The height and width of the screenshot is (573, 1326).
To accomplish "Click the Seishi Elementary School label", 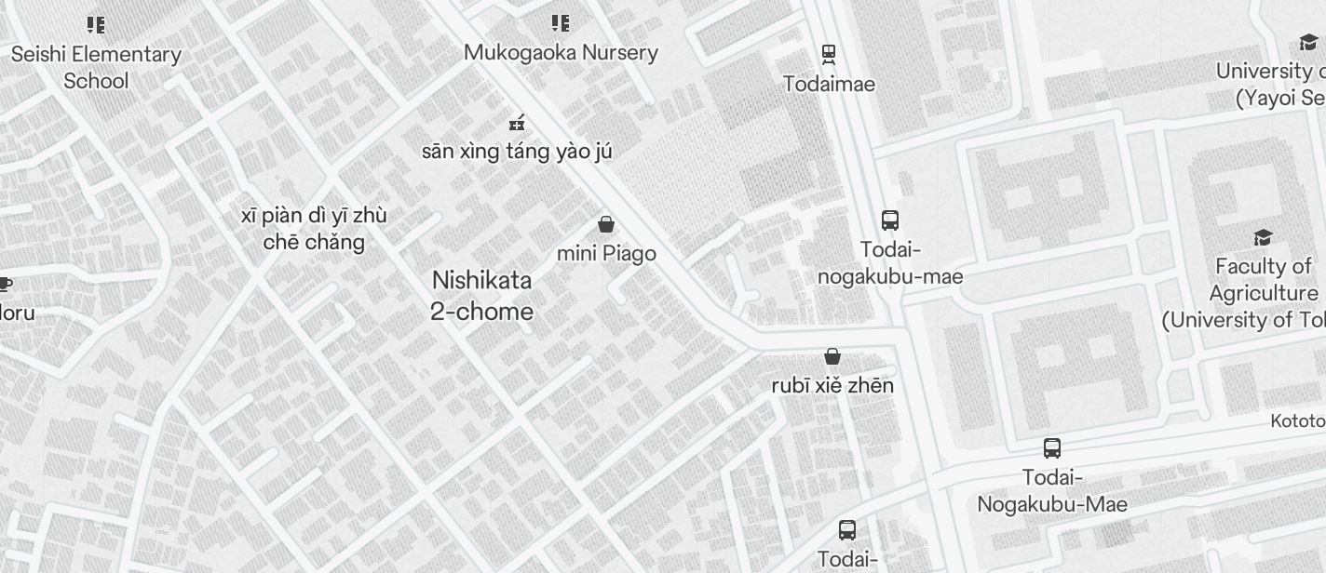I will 96,67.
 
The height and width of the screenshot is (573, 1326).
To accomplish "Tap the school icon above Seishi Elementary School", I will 96,24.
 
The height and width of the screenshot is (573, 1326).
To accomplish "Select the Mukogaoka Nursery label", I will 561,52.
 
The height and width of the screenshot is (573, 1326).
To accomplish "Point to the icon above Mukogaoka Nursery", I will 560,22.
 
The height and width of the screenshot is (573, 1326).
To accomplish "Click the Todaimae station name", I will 829,84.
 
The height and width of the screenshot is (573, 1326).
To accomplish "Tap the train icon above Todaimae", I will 828,54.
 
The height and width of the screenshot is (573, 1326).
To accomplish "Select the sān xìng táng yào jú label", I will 517,151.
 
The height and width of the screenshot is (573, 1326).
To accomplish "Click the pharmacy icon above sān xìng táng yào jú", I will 517,122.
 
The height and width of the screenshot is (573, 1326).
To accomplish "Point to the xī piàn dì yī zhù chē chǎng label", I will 314,229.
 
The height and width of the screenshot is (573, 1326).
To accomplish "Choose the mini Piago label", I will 606,253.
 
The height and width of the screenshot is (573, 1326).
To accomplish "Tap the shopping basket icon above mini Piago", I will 606,224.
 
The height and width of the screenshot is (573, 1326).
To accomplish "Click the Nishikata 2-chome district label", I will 481,296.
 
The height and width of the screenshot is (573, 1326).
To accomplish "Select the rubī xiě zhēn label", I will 832,385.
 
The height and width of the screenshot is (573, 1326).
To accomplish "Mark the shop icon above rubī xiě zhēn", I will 832,356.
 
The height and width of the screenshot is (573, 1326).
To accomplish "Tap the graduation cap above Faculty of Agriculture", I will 1263,238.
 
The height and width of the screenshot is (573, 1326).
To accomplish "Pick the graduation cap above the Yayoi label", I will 1308,42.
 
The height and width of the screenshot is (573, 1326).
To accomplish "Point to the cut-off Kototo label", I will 1298,421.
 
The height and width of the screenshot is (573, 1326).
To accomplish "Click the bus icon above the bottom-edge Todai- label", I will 847,530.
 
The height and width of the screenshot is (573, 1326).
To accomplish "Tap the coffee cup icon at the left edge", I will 5,284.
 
